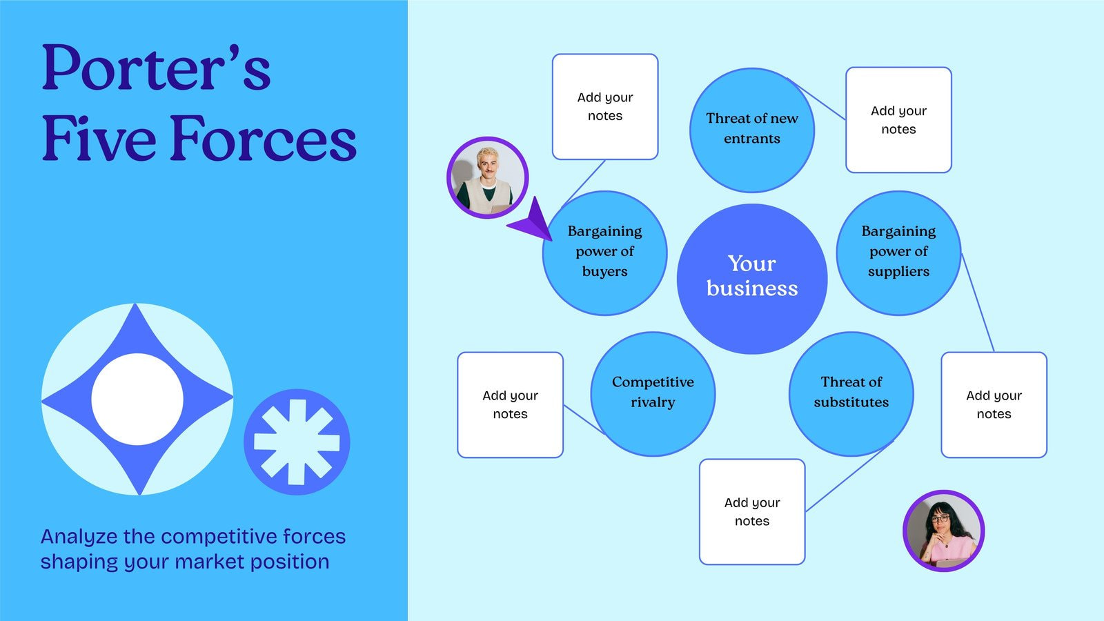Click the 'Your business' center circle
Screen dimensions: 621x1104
coord(752,278)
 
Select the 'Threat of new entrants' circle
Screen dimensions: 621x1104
coord(752,130)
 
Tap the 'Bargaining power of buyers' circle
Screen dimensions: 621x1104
coord(604,253)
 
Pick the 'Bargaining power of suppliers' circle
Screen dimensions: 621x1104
coord(898,253)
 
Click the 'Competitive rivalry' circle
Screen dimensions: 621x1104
coord(653,393)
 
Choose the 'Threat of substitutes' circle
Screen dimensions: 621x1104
coord(851,393)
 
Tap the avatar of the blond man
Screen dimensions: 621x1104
coord(487,177)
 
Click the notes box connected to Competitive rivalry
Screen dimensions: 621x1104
coord(510,405)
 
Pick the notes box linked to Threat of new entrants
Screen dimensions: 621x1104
coord(898,120)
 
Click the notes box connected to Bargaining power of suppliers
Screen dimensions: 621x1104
coord(994,405)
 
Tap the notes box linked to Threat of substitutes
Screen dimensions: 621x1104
coord(752,512)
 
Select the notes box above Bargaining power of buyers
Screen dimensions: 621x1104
coord(605,107)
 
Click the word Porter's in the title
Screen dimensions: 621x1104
coord(156,69)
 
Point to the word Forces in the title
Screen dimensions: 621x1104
coord(263,139)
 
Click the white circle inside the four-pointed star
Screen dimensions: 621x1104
coord(137,400)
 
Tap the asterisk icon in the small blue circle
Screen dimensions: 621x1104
coord(297,442)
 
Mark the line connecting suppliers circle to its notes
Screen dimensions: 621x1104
coord(978,303)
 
